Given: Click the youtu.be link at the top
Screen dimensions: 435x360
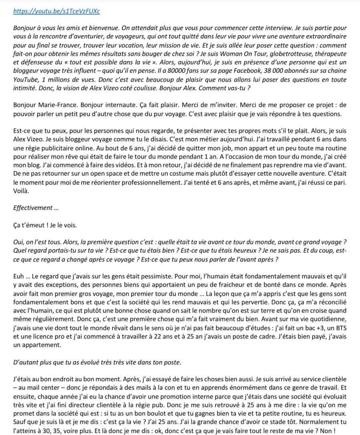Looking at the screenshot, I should pos(56,11).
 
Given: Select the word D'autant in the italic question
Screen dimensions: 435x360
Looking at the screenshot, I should pos(25,362).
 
